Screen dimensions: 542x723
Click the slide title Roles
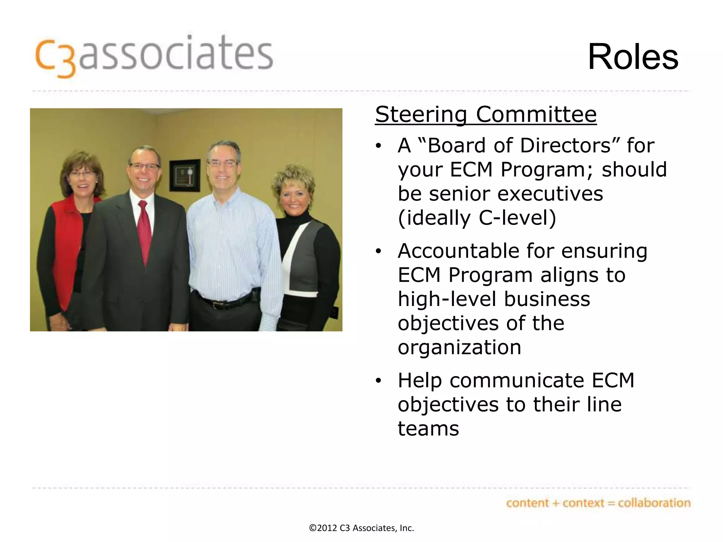coord(633,57)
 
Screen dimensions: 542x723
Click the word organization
coord(459,347)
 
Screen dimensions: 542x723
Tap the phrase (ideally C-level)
coord(477,218)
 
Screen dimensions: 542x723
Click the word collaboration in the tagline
coord(654,503)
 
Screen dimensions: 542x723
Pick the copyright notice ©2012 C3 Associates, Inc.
coord(361,528)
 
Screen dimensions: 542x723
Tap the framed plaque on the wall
coord(185,175)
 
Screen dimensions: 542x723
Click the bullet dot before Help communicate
coord(379,381)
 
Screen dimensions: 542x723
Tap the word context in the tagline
coord(583,503)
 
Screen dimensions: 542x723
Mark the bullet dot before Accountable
coord(379,251)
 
